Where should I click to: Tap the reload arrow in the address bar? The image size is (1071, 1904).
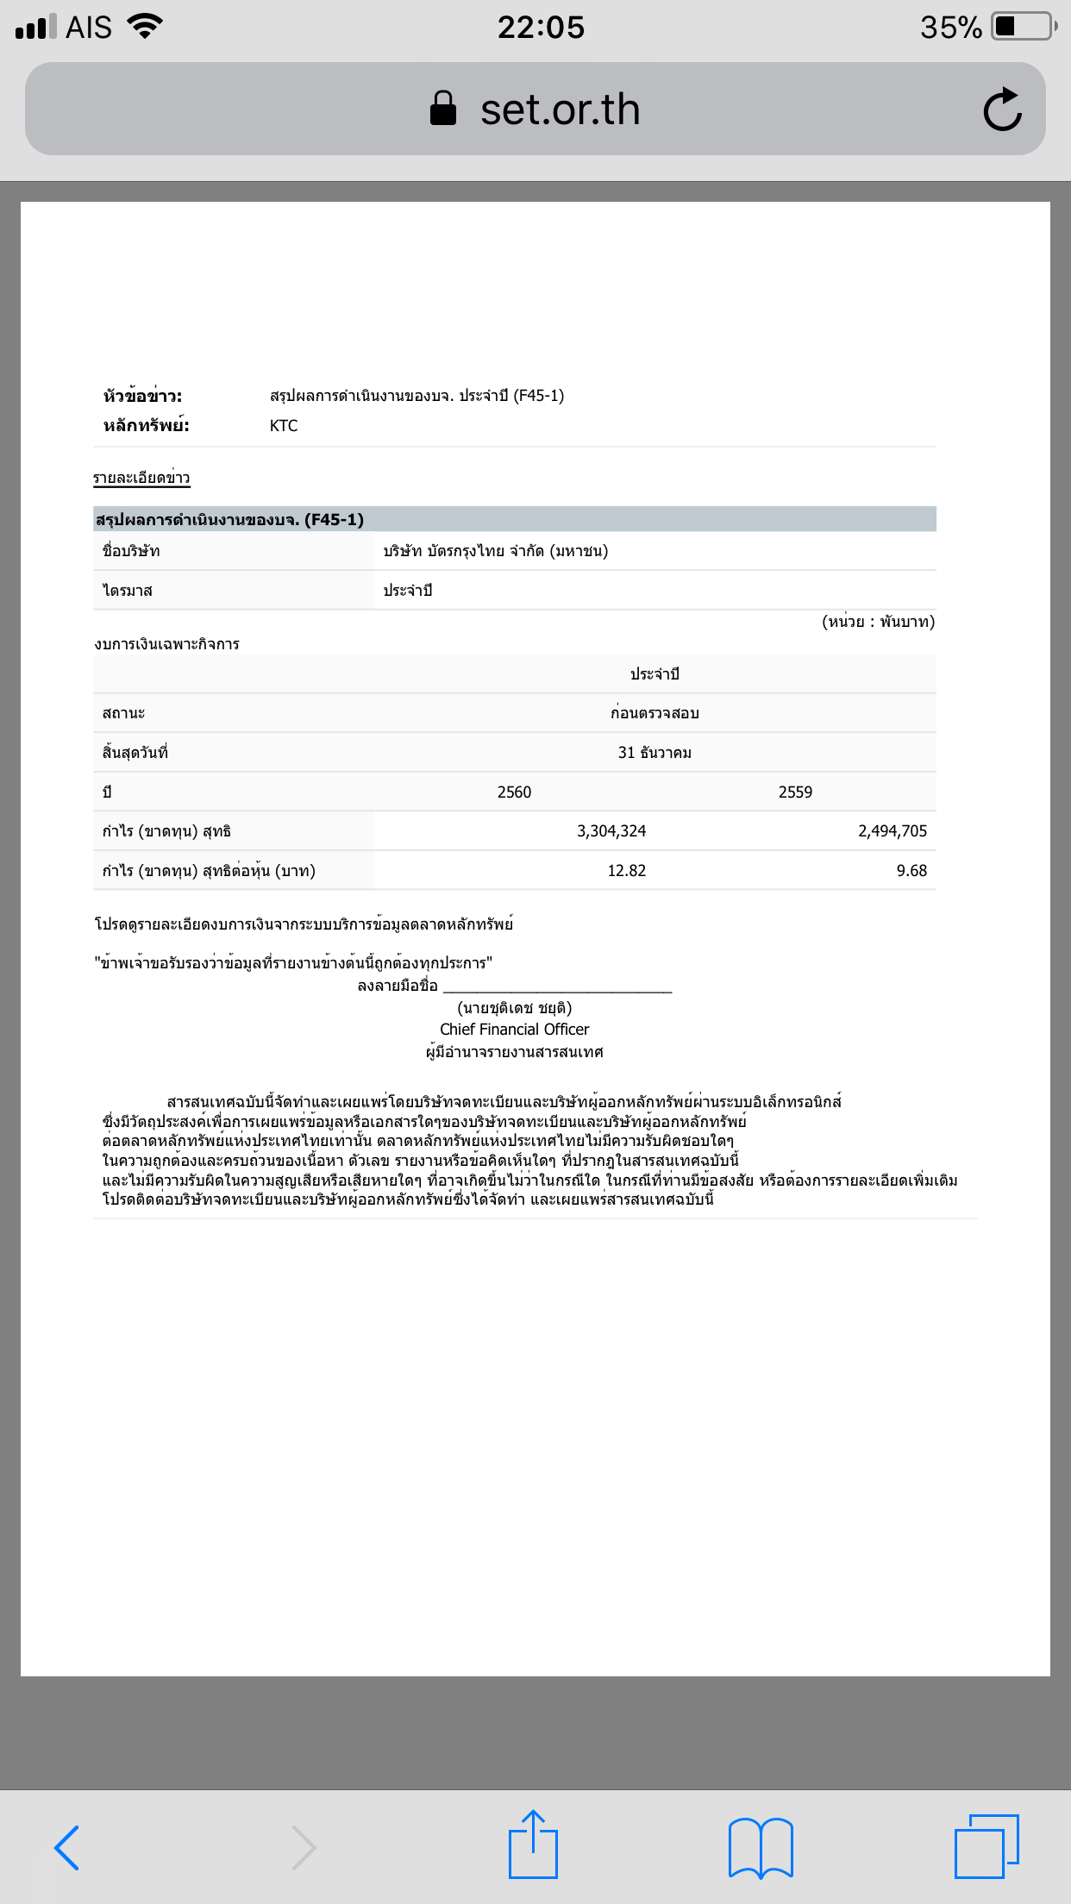pyautogui.click(x=1002, y=110)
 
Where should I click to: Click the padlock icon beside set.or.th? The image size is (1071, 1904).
pyautogui.click(x=443, y=109)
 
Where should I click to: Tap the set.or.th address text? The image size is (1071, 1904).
pyautogui.click(x=560, y=110)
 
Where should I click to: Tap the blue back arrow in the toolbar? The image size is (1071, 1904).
pyautogui.click(x=67, y=1847)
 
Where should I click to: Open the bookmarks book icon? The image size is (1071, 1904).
pyautogui.click(x=760, y=1847)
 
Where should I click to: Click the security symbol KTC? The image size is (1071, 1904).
pyautogui.click(x=284, y=426)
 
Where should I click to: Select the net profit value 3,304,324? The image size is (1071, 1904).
pyautogui.click(x=611, y=831)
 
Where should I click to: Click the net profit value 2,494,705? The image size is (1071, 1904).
pyautogui.click(x=892, y=831)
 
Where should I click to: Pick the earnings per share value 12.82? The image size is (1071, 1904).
pyautogui.click(x=626, y=871)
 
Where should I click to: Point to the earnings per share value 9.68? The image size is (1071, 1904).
pyautogui.click(x=911, y=871)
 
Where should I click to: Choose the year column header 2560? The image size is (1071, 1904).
pyautogui.click(x=514, y=792)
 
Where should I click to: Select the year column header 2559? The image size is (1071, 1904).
pyautogui.click(x=795, y=792)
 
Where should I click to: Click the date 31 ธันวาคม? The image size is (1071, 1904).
pyautogui.click(x=654, y=753)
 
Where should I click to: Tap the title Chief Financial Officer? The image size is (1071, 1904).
pyautogui.click(x=514, y=1030)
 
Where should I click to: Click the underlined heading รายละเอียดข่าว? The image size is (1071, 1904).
pyautogui.click(x=141, y=478)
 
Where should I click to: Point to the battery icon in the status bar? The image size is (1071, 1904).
pyautogui.click(x=1023, y=27)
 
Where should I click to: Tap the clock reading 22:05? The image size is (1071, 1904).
pyautogui.click(x=541, y=28)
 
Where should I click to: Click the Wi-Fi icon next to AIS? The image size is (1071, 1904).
pyautogui.click(x=145, y=27)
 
